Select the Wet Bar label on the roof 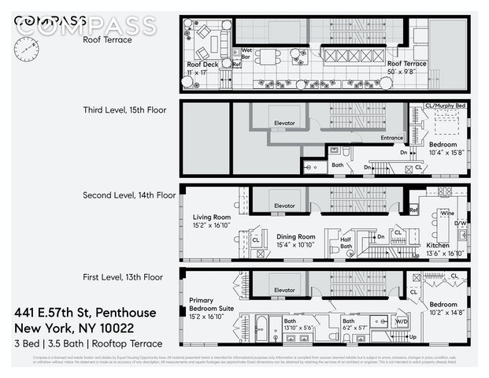tap(246, 54)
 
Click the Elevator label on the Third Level tap(284, 124)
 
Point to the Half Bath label tap(346, 243)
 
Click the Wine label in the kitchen tap(425, 213)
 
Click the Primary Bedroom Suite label tap(207, 305)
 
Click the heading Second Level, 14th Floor tap(129, 195)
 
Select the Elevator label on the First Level tap(284, 290)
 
